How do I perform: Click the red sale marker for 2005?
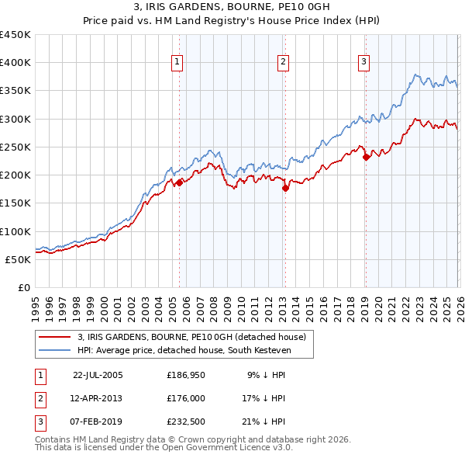179,182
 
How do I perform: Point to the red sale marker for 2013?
284,188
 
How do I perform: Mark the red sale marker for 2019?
366,157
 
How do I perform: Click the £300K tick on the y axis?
15,119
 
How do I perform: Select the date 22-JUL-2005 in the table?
98,374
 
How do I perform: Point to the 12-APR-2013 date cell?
98,398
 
